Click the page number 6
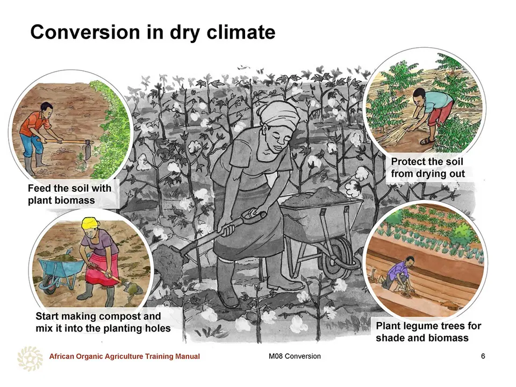tap(483, 356)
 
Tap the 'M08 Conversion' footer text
tap(295, 356)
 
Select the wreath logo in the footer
tap(30, 359)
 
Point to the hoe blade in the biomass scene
tap(88, 150)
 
